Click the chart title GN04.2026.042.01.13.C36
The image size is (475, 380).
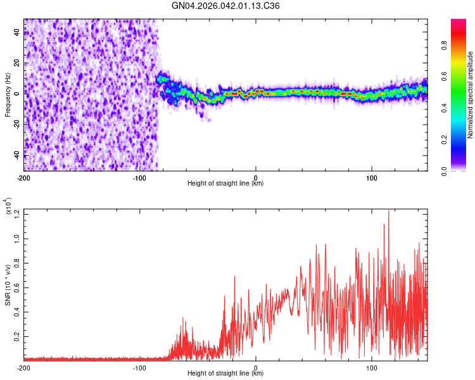pos(225,6)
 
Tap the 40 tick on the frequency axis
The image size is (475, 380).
pos(16,33)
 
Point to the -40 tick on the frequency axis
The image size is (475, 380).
pos(15,155)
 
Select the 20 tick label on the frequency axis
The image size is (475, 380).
pos(16,63)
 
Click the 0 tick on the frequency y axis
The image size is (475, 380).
pos(18,94)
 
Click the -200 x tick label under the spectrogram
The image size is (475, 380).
pos(24,177)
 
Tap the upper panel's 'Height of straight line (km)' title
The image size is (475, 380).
pos(225,184)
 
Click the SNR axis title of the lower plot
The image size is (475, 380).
pos(8,285)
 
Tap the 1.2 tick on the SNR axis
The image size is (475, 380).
pos(15,215)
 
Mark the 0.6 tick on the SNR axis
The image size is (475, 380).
pos(15,288)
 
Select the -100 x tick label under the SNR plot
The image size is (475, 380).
pos(139,367)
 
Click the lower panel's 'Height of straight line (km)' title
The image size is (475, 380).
pos(225,374)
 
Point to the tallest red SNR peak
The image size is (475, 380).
pos(388,212)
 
